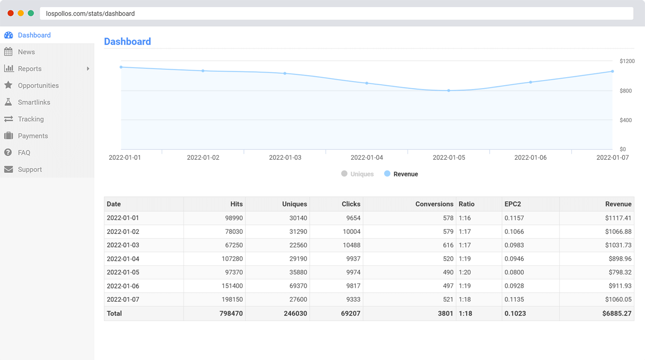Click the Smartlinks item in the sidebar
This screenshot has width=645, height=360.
click(34, 102)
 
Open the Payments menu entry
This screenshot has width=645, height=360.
click(33, 136)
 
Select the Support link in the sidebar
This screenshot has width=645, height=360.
click(30, 170)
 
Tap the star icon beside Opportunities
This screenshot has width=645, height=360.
click(8, 86)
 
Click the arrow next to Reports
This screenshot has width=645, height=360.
click(88, 69)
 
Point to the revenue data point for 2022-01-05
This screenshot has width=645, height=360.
click(449, 90)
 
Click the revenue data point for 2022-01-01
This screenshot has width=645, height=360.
click(121, 67)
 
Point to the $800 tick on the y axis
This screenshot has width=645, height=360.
click(626, 91)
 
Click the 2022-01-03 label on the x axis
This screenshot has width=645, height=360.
click(285, 158)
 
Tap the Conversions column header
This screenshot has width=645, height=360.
click(434, 204)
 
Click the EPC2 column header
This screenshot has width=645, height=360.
click(512, 204)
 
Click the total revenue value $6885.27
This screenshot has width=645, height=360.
click(617, 314)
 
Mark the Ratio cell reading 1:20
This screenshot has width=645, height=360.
click(464, 272)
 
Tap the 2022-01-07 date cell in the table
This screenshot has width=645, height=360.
click(123, 300)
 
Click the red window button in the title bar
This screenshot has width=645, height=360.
click(10, 13)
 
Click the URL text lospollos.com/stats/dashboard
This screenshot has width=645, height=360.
click(91, 14)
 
